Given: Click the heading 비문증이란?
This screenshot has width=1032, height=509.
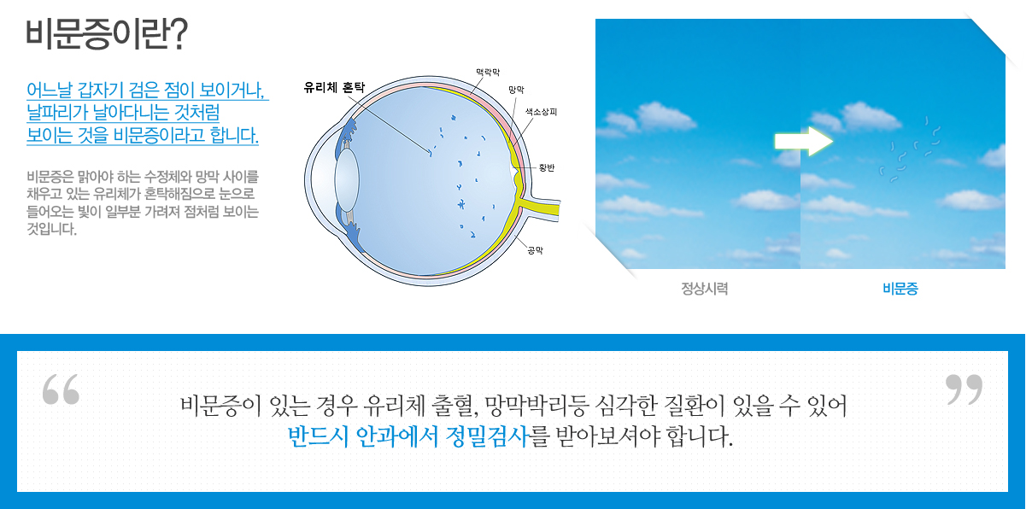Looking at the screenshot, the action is coord(107,33).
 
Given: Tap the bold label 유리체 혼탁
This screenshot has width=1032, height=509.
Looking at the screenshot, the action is coord(334,87).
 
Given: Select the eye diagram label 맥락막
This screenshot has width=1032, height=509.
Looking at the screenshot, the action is coord(488,73).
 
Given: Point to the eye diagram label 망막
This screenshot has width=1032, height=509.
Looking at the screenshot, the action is coord(516,90).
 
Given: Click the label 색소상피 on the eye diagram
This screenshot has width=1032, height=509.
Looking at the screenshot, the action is coord(542,112).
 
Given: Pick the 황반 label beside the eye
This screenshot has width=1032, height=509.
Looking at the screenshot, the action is coord(547,167).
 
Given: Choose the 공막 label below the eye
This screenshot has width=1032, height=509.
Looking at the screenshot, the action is coord(535,250).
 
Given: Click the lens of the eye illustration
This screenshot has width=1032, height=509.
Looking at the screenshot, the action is coord(347,180).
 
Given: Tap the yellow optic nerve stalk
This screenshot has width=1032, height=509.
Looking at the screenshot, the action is coord(542,208).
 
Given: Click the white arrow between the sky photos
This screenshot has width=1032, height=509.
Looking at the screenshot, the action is coord(804,142).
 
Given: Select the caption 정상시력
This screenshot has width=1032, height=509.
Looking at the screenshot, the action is coord(705,289).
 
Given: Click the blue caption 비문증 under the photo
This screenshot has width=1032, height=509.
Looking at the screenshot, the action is coord(900,289).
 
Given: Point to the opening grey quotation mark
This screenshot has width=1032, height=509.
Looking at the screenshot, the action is coord(61,389).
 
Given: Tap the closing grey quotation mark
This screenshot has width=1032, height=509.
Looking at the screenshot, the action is coord(964,389).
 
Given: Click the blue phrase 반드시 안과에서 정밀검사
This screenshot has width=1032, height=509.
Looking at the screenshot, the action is coord(408,436).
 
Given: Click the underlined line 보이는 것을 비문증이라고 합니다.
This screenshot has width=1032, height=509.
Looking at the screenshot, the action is coord(143,136).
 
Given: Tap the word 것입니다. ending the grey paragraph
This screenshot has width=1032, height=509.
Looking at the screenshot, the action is coord(51,229).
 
